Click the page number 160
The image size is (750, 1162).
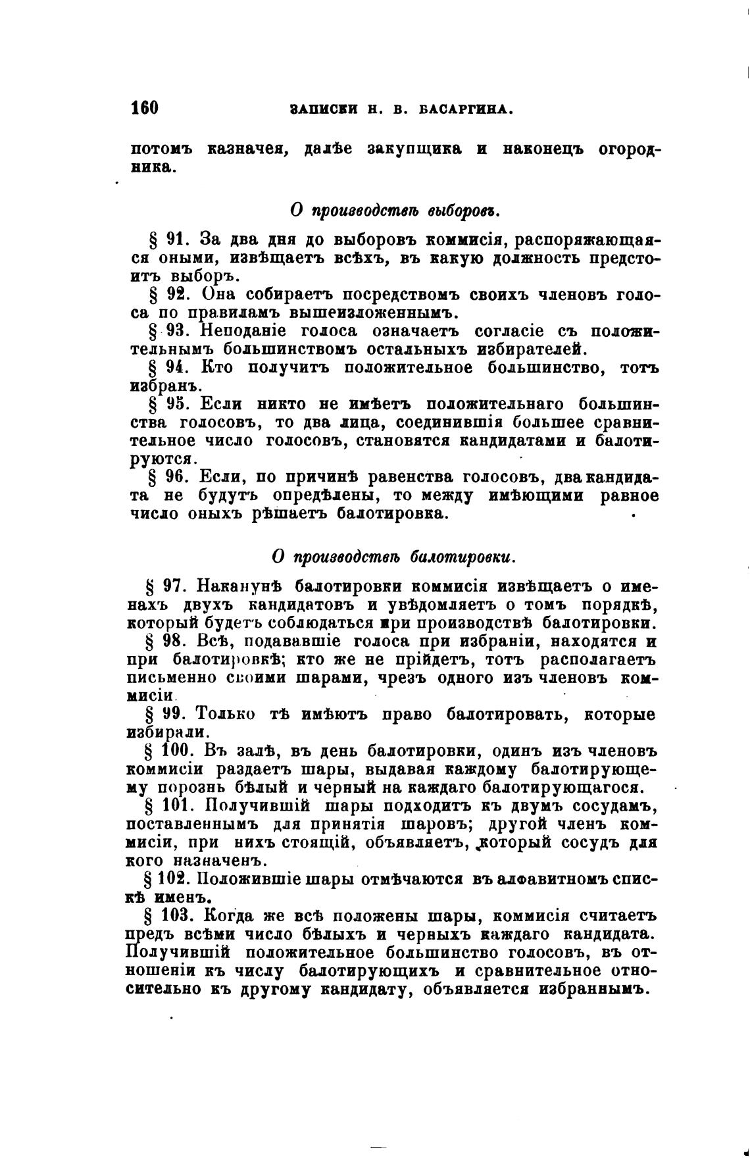145,107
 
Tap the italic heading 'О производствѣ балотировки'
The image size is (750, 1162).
393,557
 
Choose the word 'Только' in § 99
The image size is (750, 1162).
226,714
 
